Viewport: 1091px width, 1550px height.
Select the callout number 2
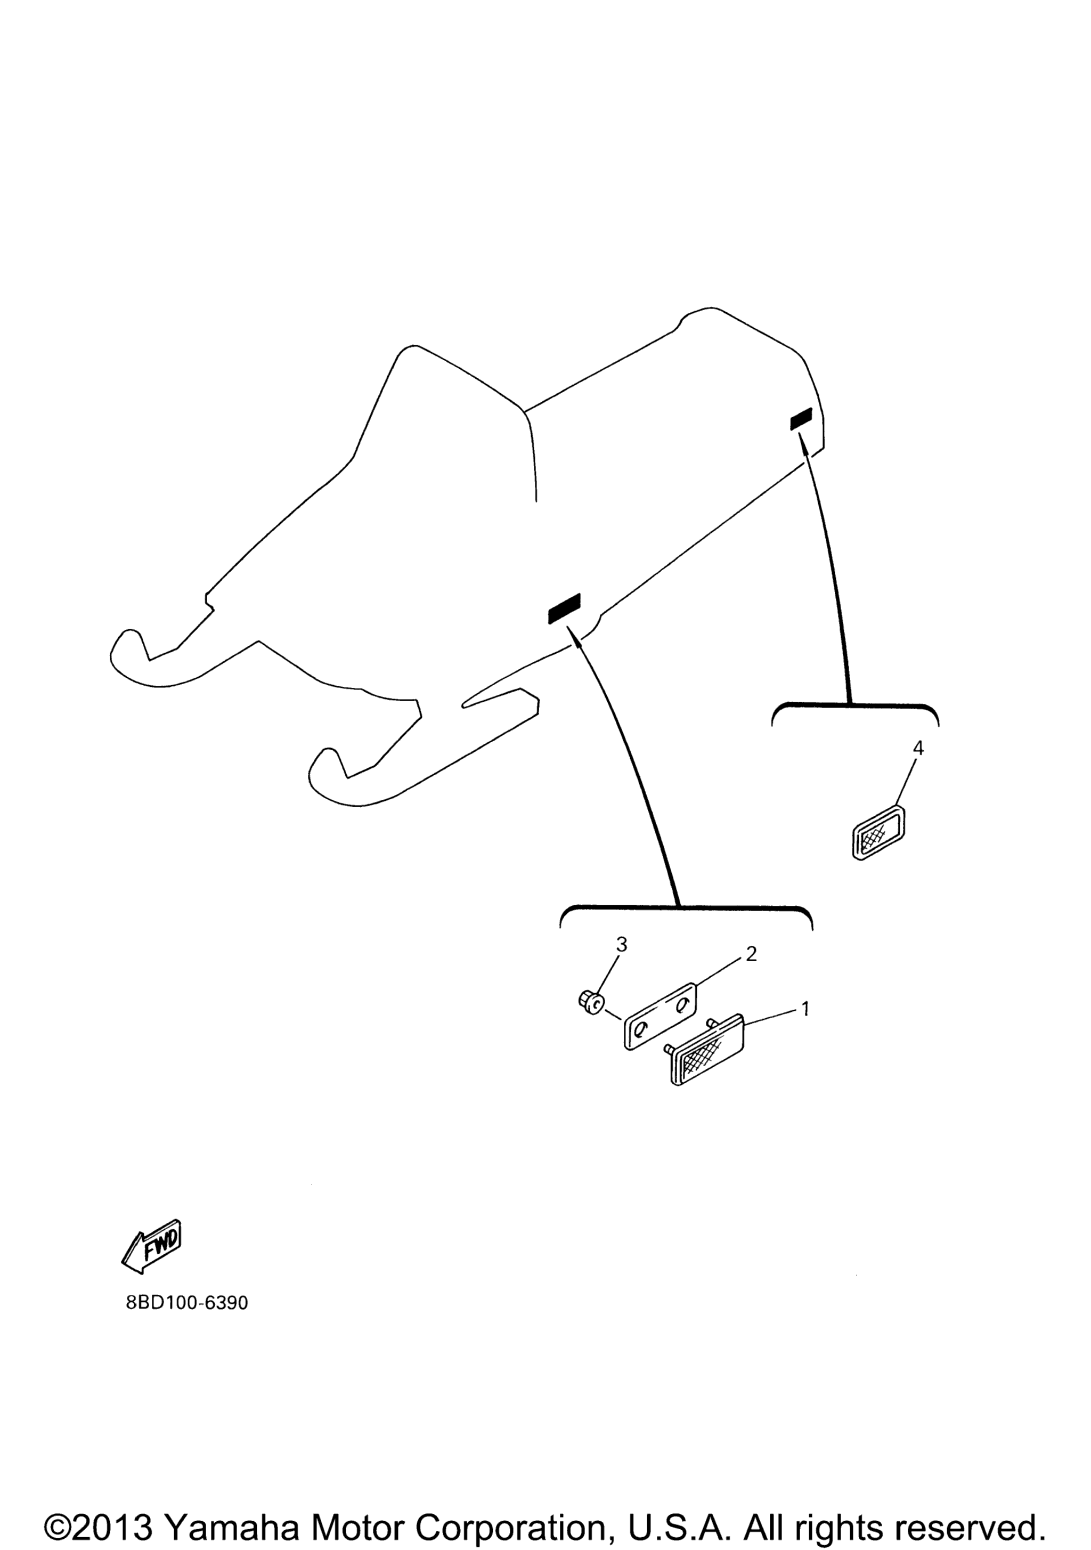pos(751,954)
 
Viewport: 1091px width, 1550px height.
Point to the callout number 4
pos(918,748)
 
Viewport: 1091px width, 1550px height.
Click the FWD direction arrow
pos(151,1246)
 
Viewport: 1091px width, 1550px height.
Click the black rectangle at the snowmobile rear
pos(801,419)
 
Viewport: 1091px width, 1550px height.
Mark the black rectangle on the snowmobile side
pos(564,609)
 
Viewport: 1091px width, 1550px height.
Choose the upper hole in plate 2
pos(681,1004)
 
